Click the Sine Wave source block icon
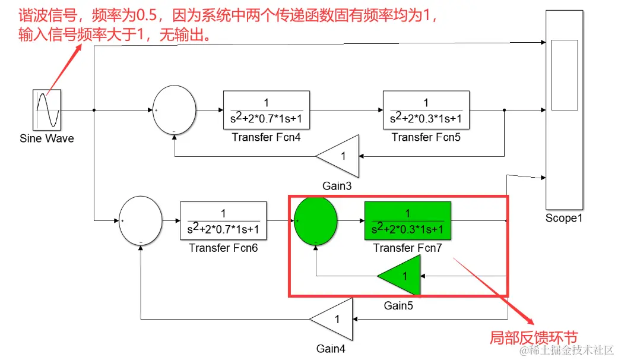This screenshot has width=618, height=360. (47, 110)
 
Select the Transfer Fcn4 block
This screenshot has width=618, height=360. (266, 110)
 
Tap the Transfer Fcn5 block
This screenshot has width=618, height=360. (426, 110)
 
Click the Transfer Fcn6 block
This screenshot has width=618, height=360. (223, 221)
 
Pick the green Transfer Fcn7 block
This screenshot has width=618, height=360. (407, 221)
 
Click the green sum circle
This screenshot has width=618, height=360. (316, 221)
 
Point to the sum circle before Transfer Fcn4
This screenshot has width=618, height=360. (174, 110)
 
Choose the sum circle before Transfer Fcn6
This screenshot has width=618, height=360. (141, 221)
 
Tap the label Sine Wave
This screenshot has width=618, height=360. (47, 138)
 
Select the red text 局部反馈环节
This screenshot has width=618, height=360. (533, 337)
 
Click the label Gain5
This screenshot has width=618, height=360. (398, 306)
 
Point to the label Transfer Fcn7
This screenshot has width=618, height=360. (407, 248)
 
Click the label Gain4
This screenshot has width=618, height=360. (331, 349)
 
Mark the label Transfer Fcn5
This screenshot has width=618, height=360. (426, 137)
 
